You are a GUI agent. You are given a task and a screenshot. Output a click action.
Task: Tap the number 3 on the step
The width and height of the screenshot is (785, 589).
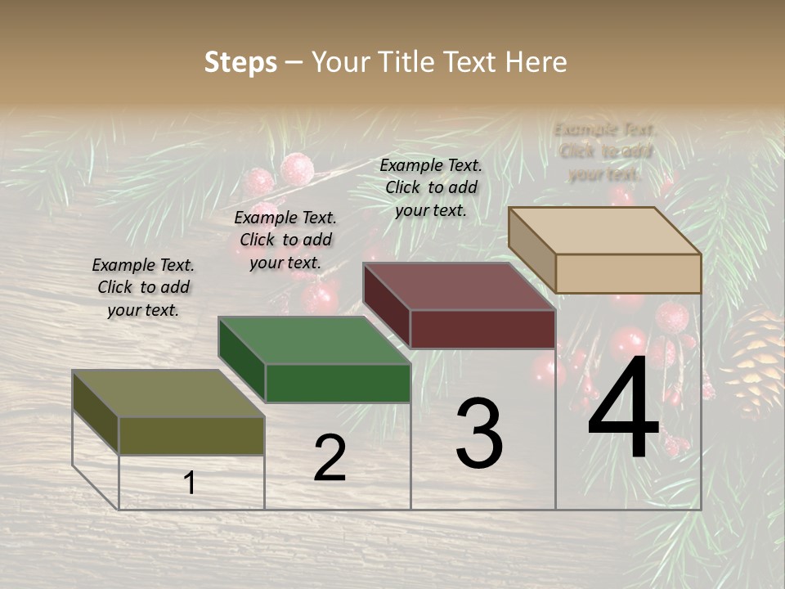tap(479, 434)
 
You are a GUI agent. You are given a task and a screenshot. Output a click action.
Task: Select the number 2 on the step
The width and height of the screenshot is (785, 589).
tap(330, 458)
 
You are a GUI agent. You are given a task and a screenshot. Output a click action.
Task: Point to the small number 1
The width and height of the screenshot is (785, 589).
tap(190, 483)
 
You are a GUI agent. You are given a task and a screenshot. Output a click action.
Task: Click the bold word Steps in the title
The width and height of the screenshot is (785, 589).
tap(240, 62)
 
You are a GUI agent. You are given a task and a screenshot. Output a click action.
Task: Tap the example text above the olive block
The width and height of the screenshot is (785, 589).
tap(143, 288)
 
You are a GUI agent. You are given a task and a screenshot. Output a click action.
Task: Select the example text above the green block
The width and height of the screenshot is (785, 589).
tap(285, 241)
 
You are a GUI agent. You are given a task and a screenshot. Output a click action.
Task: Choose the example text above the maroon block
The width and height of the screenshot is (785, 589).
tap(431, 187)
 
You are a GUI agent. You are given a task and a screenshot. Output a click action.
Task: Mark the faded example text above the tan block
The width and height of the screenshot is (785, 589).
tap(605, 151)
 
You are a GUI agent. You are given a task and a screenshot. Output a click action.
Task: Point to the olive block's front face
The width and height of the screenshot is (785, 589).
tap(191, 435)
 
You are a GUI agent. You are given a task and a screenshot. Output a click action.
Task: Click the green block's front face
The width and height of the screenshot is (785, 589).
tap(338, 383)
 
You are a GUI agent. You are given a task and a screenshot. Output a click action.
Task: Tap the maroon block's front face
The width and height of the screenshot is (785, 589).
tap(482, 329)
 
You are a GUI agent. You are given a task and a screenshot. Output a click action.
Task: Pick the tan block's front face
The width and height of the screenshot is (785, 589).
tap(628, 273)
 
